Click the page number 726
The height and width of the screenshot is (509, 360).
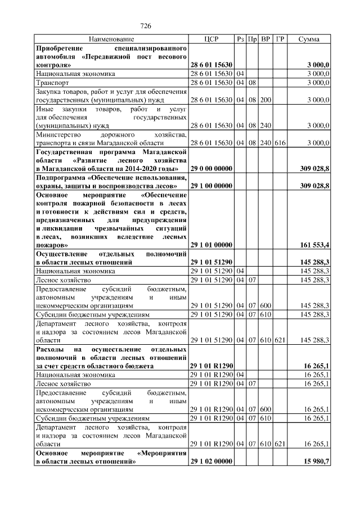(x=146, y=26)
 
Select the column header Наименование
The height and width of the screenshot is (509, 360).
(x=111, y=39)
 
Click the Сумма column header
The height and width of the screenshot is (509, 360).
(x=309, y=39)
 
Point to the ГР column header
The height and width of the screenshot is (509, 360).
(x=280, y=39)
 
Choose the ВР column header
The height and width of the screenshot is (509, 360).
(x=266, y=39)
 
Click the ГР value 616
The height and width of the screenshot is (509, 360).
(x=280, y=143)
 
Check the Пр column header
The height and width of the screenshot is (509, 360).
(x=253, y=39)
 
